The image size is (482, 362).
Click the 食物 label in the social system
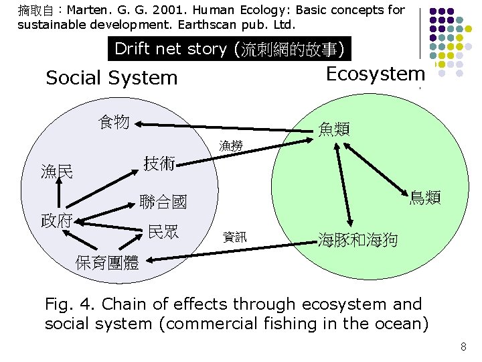click(113, 121)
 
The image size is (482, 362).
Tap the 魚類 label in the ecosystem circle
click(334, 128)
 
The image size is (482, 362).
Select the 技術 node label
click(160, 163)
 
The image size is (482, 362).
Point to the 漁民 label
click(57, 172)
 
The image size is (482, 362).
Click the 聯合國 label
click(163, 201)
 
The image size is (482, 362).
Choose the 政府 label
click(57, 221)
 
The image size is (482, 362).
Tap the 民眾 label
click(163, 233)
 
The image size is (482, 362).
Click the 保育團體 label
click(107, 263)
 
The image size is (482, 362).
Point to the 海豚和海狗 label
click(357, 238)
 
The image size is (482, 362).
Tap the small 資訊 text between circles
click(234, 236)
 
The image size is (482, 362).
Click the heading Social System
click(112, 78)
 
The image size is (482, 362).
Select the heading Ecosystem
click(375, 74)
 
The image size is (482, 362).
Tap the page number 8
click(463, 347)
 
